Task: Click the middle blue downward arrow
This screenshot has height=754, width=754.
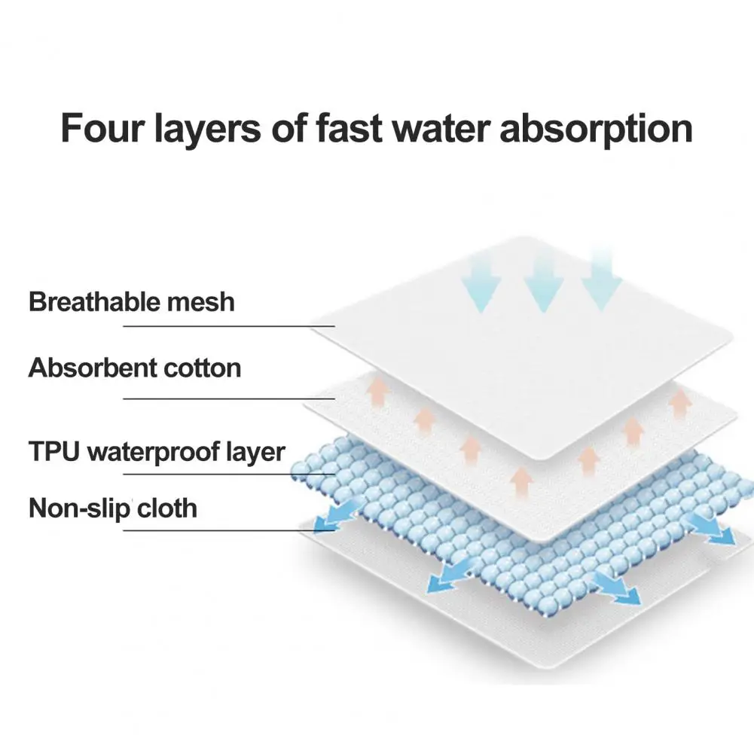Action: click(543, 283)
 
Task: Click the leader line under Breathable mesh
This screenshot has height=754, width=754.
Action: click(228, 326)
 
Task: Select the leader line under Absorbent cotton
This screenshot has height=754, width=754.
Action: click(228, 398)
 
